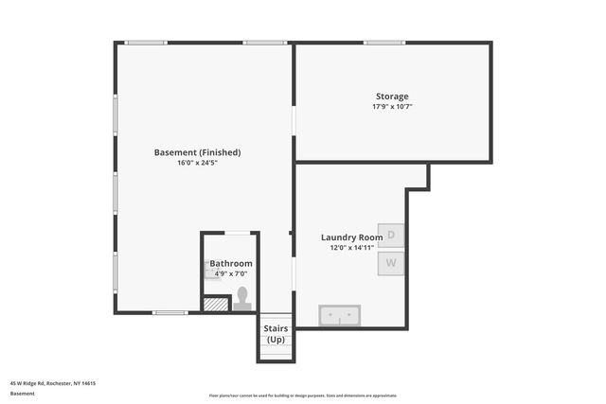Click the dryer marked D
tap(391, 235)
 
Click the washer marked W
tap(391, 262)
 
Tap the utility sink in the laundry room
tap(338, 314)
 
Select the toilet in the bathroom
tap(242, 298)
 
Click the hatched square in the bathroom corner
tap(217, 305)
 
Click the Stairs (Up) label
tap(276, 333)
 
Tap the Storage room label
tap(391, 97)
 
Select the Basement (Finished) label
tap(197, 152)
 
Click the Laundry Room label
tap(351, 237)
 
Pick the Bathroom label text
tap(231, 264)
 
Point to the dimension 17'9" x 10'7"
tap(391, 107)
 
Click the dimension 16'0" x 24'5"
tap(197, 163)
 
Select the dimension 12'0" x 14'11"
tap(351, 248)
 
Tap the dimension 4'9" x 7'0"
tap(231, 273)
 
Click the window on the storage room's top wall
tap(384, 43)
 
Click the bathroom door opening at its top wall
tap(237, 233)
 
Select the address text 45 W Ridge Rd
tap(53, 383)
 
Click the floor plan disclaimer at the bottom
tap(303, 395)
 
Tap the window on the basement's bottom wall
tap(170, 312)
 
